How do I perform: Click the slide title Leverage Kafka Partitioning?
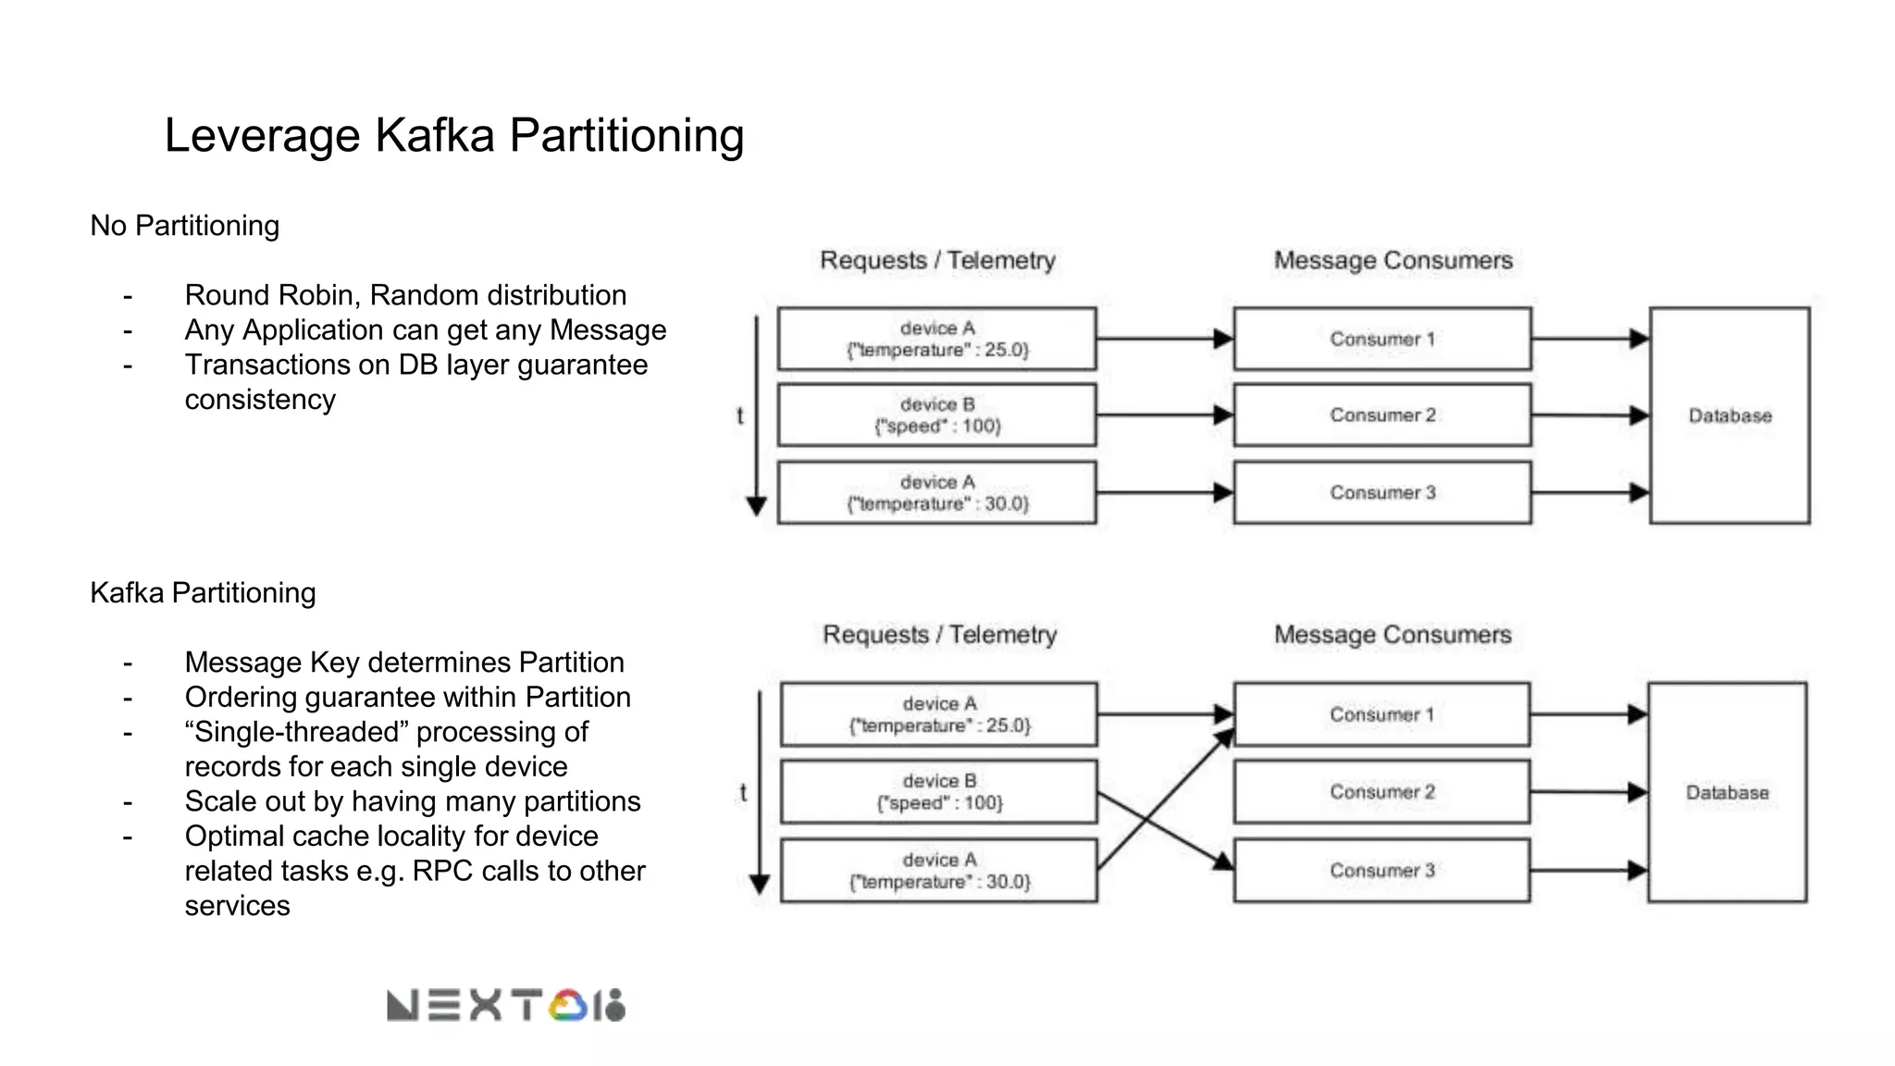click(453, 135)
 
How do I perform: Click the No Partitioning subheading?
click(184, 226)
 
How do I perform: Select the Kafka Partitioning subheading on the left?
click(203, 593)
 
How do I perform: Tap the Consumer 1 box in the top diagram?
click(1381, 339)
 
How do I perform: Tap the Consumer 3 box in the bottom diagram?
click(1381, 870)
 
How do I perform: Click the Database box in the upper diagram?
click(1729, 415)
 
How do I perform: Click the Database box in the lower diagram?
click(1727, 792)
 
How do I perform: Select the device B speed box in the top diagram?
click(936, 415)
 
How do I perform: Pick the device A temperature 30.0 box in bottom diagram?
click(938, 870)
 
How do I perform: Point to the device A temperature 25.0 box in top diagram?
click(936, 339)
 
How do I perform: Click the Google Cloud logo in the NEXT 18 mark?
click(568, 1006)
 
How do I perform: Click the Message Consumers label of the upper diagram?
click(1393, 261)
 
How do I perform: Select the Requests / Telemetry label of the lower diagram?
click(939, 635)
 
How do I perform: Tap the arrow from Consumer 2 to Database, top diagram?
click(1588, 415)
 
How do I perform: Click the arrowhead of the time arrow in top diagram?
click(756, 506)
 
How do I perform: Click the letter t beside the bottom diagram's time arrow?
click(742, 793)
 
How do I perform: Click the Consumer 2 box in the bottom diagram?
click(1381, 792)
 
